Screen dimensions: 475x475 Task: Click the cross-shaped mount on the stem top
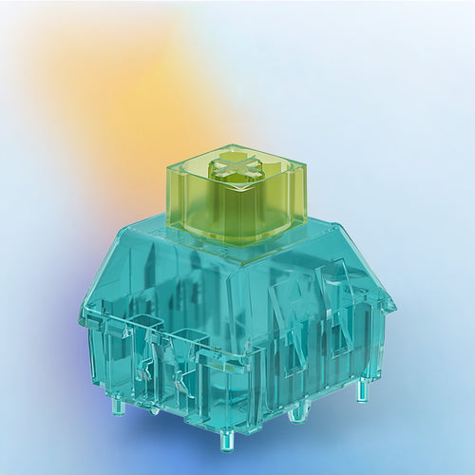pyautogui.click(x=232, y=168)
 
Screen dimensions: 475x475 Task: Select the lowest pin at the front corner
pyautogui.click(x=227, y=438)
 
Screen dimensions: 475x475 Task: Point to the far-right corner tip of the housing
pyautogui.click(x=392, y=306)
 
